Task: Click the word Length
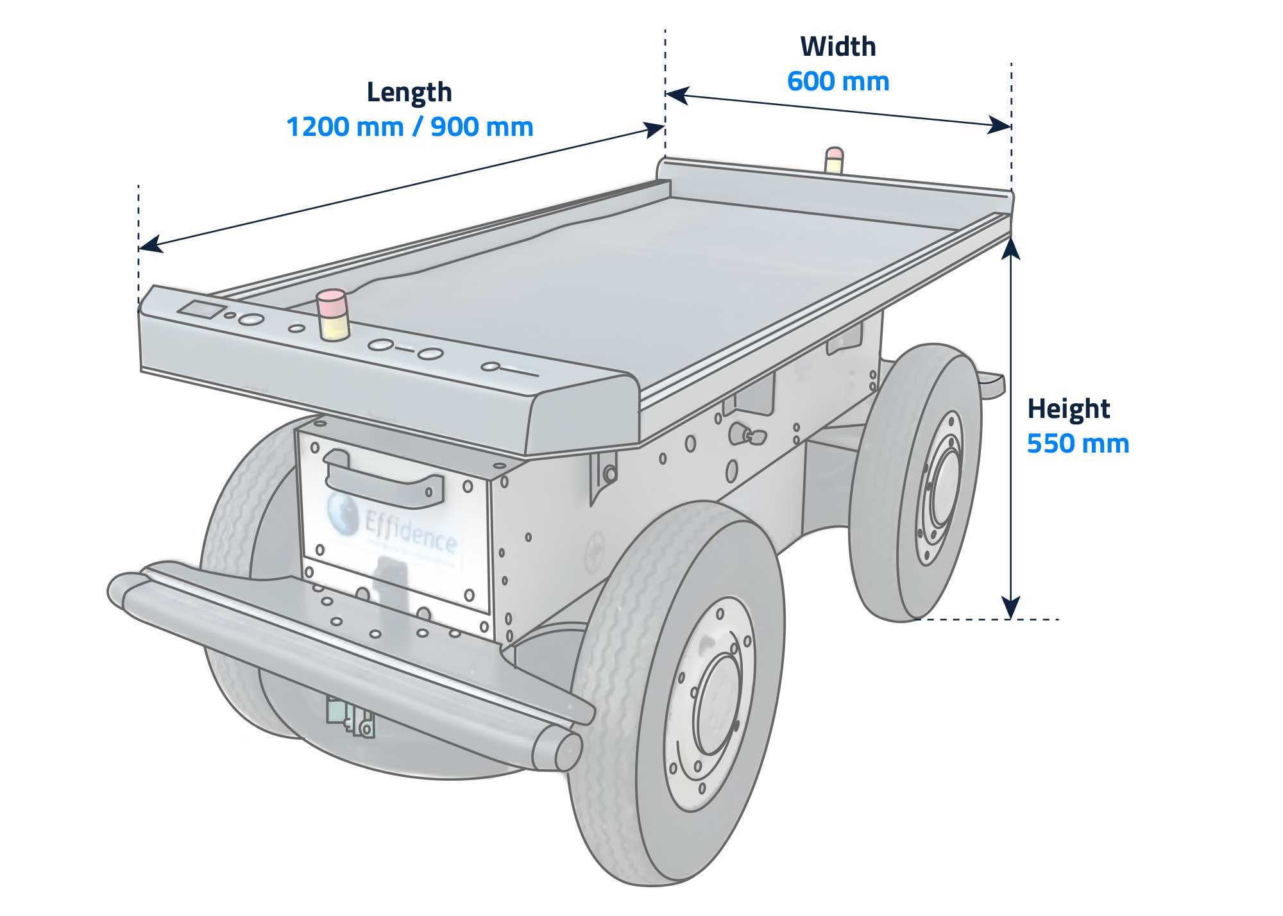[x=409, y=92]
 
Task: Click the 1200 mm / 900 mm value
[x=409, y=127]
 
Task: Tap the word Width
[x=838, y=47]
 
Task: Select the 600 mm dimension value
[x=838, y=81]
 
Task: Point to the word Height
[x=1068, y=409]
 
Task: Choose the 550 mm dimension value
[x=1078, y=444]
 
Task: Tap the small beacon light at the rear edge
[x=834, y=160]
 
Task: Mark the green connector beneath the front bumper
[x=336, y=710]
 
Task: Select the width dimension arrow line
[x=838, y=110]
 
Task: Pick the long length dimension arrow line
[x=401, y=186]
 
